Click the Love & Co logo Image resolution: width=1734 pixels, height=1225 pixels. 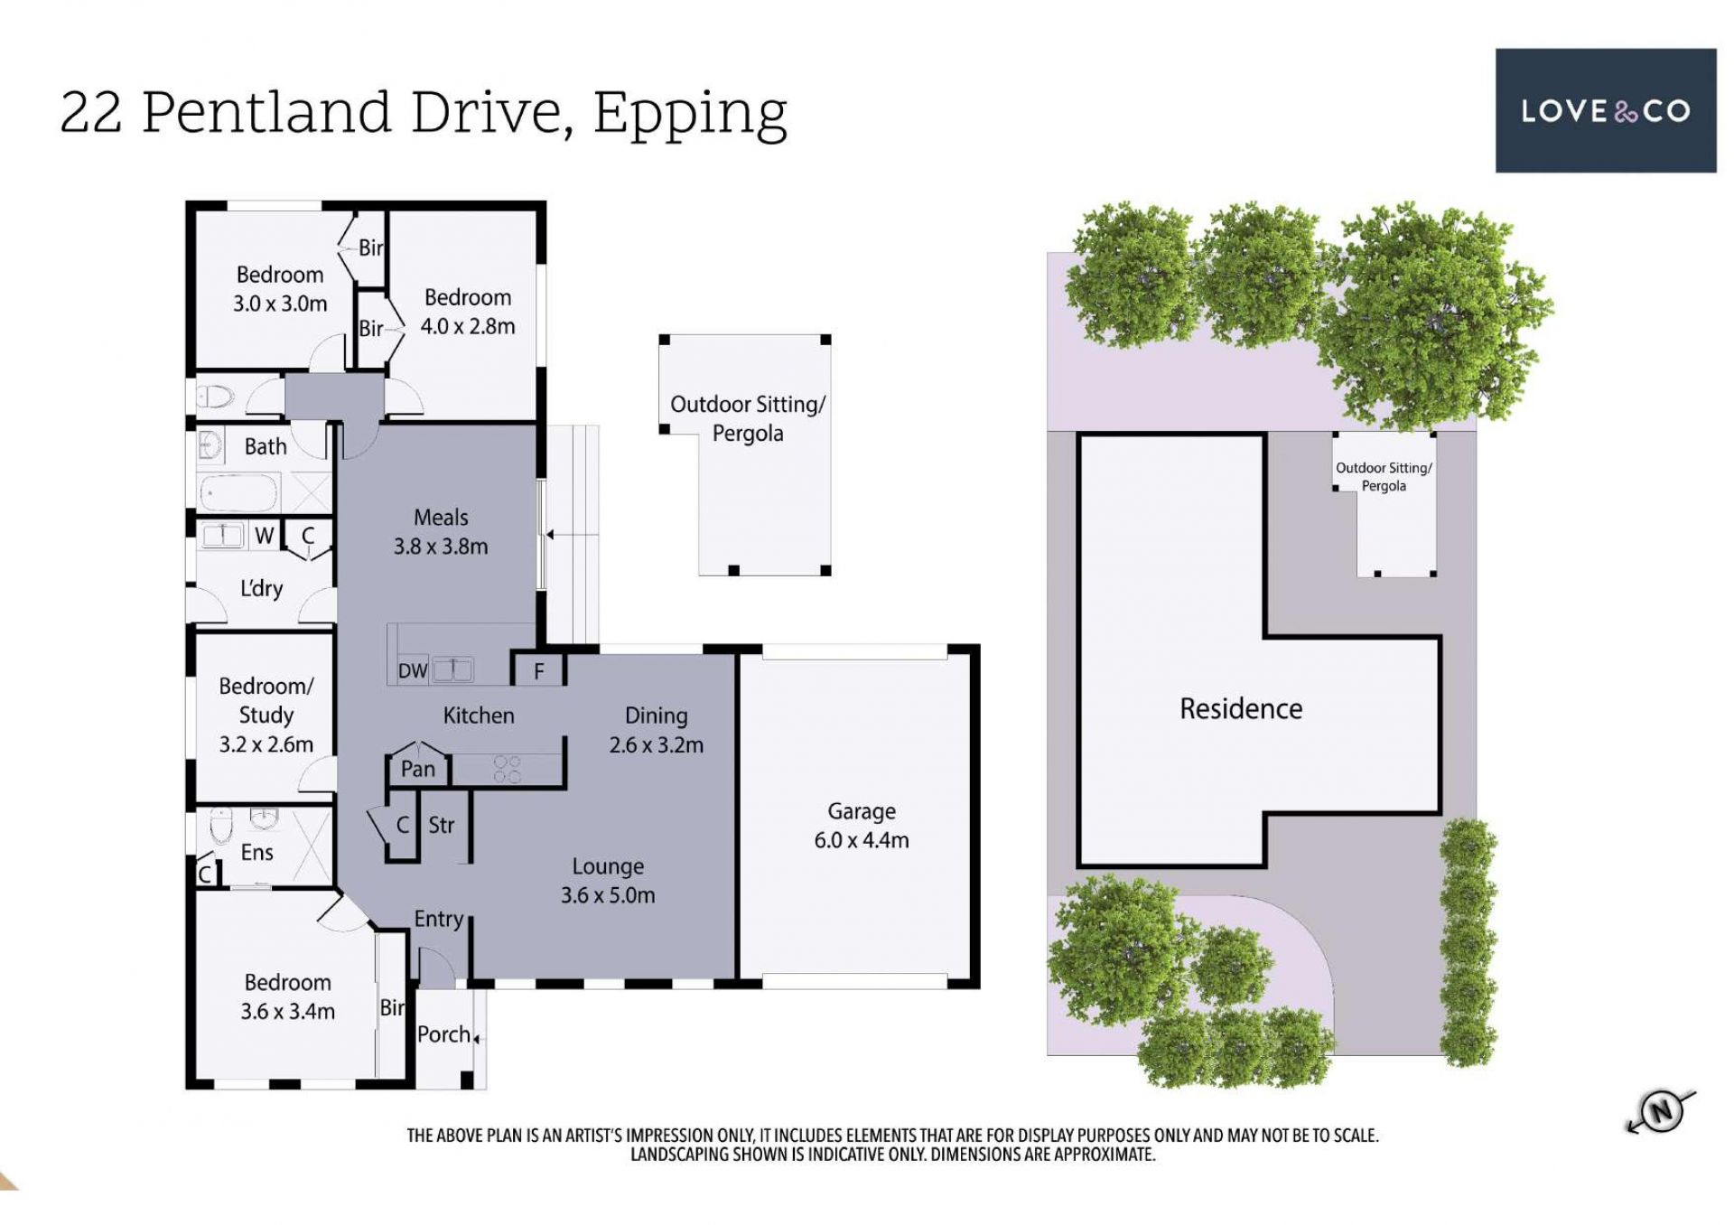click(x=1605, y=110)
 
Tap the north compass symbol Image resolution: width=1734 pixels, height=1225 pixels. click(x=1661, y=1111)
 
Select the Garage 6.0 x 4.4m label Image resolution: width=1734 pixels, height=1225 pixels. click(x=861, y=826)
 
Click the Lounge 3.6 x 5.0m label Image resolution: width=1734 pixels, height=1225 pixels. click(x=608, y=881)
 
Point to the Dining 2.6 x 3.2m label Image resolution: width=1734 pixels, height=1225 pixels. click(x=657, y=730)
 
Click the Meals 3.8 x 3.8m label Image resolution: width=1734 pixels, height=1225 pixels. click(x=441, y=532)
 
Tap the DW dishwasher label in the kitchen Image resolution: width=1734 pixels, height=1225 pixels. click(x=413, y=671)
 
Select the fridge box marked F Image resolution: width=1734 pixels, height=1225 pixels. click(x=538, y=670)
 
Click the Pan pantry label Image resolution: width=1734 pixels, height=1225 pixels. click(x=418, y=769)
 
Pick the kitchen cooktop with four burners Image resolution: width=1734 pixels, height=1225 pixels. click(x=508, y=769)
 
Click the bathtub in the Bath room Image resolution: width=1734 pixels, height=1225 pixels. click(x=240, y=493)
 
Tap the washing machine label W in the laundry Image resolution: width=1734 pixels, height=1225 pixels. click(x=264, y=536)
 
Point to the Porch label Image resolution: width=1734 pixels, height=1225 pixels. click(x=443, y=1034)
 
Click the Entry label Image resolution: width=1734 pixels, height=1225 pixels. click(x=439, y=920)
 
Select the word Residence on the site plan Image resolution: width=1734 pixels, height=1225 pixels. click(x=1241, y=708)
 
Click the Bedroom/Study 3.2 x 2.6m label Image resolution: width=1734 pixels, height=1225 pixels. click(x=266, y=715)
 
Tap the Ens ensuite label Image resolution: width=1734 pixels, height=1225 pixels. click(x=256, y=852)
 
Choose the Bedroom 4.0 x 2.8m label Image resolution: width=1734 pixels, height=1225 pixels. click(x=468, y=312)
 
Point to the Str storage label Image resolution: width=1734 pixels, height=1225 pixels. click(x=441, y=825)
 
